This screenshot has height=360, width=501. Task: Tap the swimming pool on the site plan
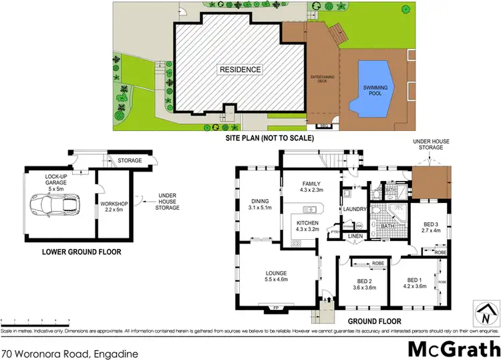(x=375, y=87)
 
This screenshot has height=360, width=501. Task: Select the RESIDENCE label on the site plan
(x=238, y=69)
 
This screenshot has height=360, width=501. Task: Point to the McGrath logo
(x=452, y=347)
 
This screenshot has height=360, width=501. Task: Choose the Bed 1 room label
(x=414, y=284)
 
